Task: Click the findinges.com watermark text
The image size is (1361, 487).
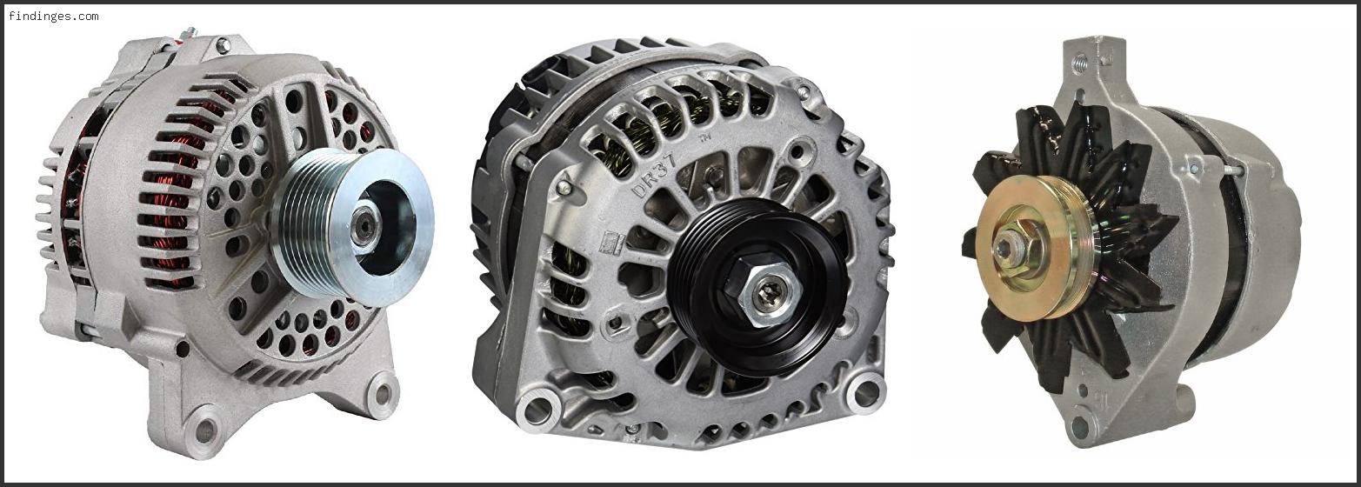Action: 54,16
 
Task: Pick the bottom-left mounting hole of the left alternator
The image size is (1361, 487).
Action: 205,428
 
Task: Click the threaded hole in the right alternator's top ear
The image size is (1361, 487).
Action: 1080,61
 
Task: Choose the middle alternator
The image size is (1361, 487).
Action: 678,243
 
